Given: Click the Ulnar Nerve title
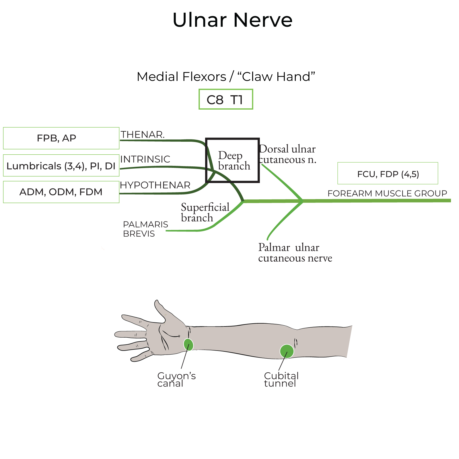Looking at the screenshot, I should click(232, 20).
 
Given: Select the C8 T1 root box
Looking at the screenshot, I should click(226, 99).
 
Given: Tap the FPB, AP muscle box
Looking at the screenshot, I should click(61, 138).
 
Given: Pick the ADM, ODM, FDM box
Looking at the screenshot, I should click(61, 192).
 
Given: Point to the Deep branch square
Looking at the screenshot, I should click(233, 160).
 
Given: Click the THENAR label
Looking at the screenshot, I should click(143, 135).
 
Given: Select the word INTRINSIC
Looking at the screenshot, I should click(145, 159).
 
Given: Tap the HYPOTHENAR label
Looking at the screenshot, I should click(155, 185).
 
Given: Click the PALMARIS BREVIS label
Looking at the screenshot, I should click(145, 229).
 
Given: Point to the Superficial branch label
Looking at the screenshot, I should click(205, 212).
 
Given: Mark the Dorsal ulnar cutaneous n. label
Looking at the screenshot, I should click(287, 154).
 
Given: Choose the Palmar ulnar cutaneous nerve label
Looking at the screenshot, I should click(295, 253).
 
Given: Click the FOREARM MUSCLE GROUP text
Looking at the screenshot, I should click(387, 193).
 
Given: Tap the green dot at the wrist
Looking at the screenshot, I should click(188, 345).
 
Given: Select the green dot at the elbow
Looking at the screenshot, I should click(287, 351).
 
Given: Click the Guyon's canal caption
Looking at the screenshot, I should click(176, 380).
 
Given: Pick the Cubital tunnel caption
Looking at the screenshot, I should click(281, 380).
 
